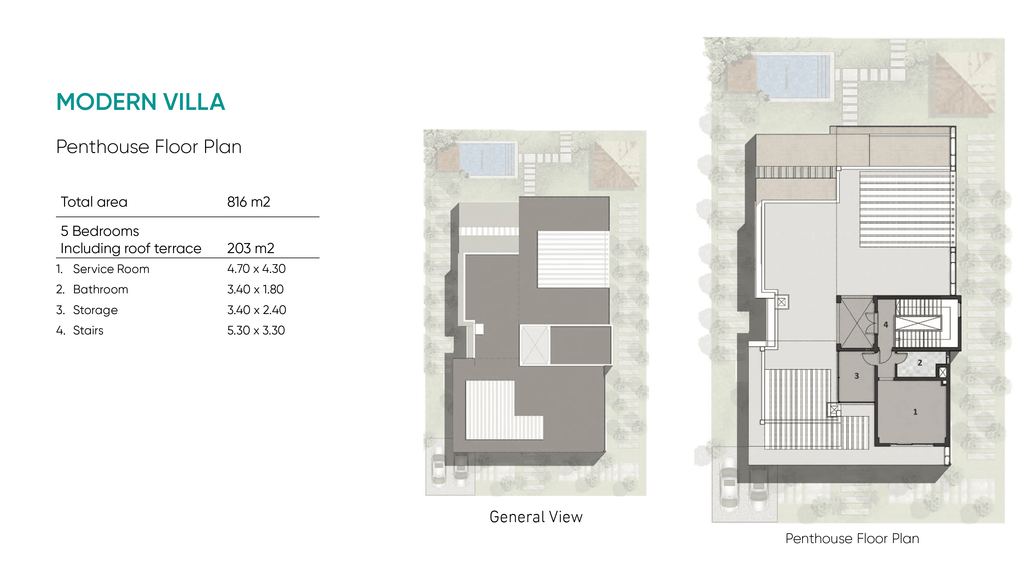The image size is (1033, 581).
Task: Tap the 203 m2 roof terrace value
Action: point(250,248)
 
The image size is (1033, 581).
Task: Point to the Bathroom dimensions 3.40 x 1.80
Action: point(255,289)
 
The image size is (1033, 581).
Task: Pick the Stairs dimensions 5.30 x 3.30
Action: point(256,330)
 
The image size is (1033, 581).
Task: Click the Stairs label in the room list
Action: point(88,330)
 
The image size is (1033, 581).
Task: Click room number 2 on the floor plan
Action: point(920,363)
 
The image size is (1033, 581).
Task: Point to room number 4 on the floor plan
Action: point(886,325)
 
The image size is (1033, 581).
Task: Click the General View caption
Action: point(536,517)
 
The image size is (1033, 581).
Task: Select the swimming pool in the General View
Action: point(487,159)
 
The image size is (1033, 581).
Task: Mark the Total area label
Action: point(94,202)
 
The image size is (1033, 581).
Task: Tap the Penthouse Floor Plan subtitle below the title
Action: point(149,147)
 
